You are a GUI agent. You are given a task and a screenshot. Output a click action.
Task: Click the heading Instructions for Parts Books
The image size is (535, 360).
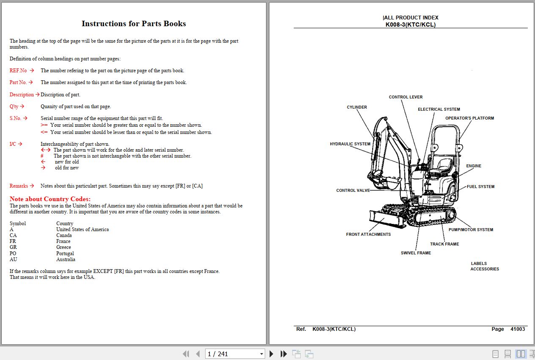point(134,24)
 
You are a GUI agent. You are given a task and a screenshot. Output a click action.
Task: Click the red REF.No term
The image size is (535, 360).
point(18,71)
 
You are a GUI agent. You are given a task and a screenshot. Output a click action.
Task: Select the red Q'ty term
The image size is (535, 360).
point(14,106)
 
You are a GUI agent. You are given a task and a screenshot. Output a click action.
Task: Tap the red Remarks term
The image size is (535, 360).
point(19,186)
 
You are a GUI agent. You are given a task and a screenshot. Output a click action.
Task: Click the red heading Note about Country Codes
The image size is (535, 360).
point(50,199)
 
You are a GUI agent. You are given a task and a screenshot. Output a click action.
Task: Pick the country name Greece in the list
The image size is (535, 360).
point(63,247)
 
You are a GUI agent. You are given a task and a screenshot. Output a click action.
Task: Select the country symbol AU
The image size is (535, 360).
point(14,259)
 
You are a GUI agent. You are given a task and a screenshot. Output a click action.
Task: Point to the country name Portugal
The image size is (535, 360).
point(65,254)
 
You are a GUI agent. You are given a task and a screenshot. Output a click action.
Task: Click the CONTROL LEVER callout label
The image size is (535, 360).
point(406,97)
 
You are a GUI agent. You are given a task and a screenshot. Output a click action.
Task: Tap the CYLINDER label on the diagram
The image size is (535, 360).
point(357,107)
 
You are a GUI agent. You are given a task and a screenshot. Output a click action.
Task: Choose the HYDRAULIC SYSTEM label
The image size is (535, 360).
point(350,144)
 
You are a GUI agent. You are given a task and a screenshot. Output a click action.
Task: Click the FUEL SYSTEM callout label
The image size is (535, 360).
point(480,187)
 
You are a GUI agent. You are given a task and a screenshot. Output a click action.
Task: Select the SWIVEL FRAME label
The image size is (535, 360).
point(416,253)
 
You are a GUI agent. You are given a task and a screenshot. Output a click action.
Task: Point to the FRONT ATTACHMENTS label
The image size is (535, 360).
point(368,235)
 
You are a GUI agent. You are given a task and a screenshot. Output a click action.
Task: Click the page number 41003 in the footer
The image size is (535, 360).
point(517,329)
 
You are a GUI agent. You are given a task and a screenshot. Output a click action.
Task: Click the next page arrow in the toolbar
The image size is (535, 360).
point(272,354)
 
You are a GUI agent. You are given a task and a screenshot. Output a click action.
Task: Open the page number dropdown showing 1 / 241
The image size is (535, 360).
point(261,354)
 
